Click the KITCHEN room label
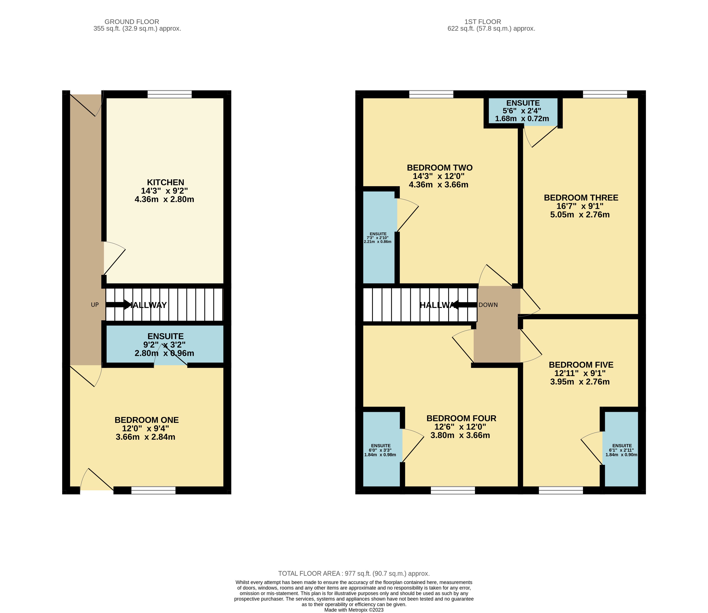pyautogui.click(x=166, y=182)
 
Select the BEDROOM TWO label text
pyautogui.click(x=440, y=168)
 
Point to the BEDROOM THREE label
pyautogui.click(x=581, y=198)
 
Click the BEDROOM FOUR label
pyautogui.click(x=461, y=418)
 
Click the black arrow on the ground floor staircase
pyautogui.click(x=118, y=304)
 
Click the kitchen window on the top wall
pyautogui.click(x=170, y=94)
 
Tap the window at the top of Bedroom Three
pyautogui.click(x=605, y=94)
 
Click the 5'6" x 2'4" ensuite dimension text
pyautogui.click(x=522, y=111)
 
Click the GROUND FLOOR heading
pyautogui.click(x=132, y=22)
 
